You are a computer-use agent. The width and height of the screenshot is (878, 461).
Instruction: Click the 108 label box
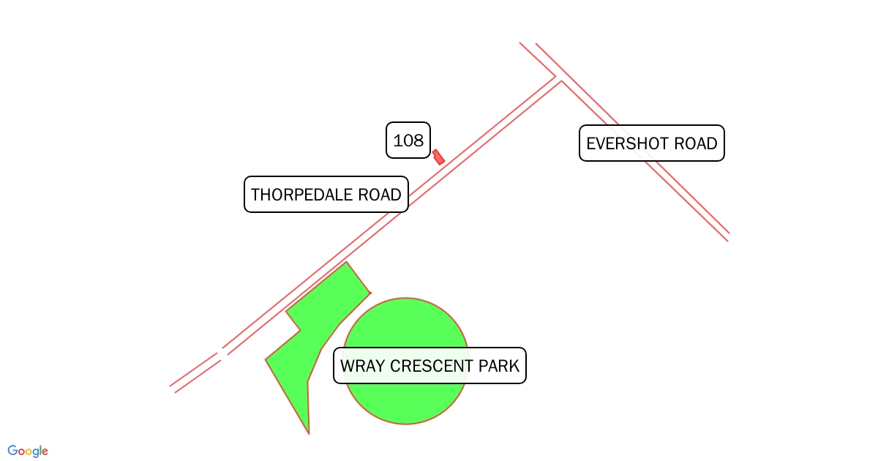[408, 140]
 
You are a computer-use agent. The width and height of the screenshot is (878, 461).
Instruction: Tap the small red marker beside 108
[438, 157]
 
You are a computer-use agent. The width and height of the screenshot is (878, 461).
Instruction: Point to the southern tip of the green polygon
[309, 432]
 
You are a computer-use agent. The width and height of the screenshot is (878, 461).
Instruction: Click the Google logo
[28, 451]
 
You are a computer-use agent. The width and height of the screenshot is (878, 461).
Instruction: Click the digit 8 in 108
[419, 140]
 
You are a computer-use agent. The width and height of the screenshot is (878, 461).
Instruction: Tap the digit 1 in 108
[397, 140]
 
